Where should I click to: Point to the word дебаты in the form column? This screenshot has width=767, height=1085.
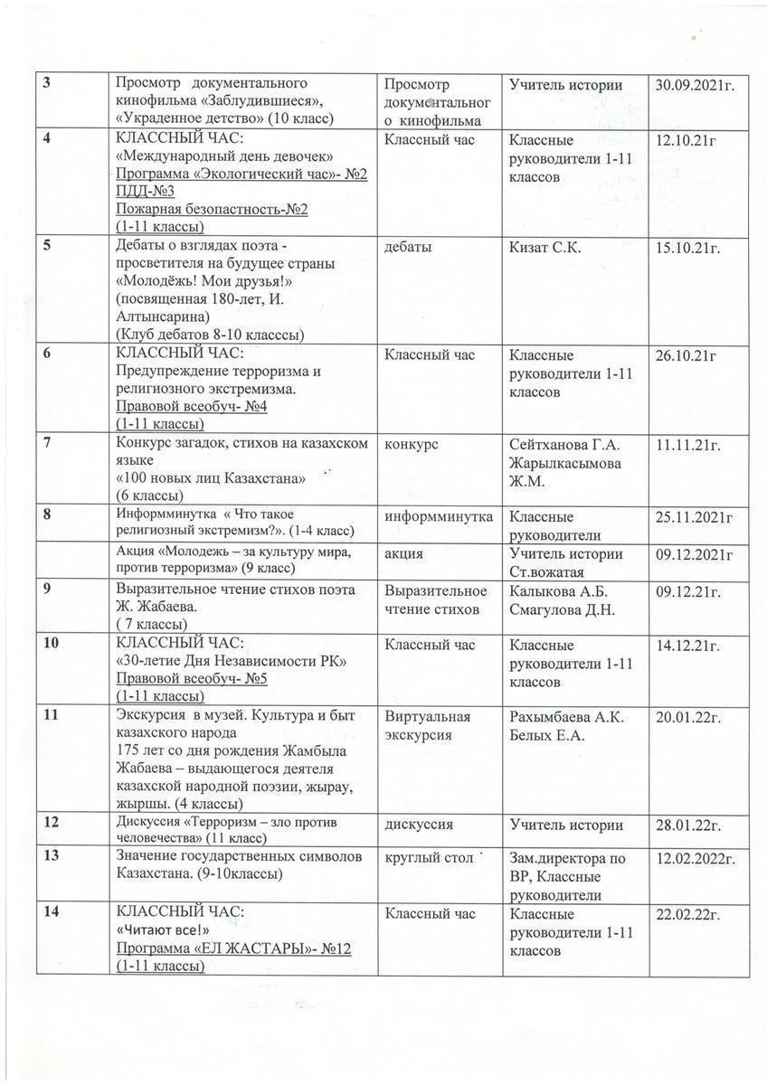408,247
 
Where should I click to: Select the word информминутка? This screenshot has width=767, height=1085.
439,515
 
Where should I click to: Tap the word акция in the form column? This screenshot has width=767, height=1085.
404,552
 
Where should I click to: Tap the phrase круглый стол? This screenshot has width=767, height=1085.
428,857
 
